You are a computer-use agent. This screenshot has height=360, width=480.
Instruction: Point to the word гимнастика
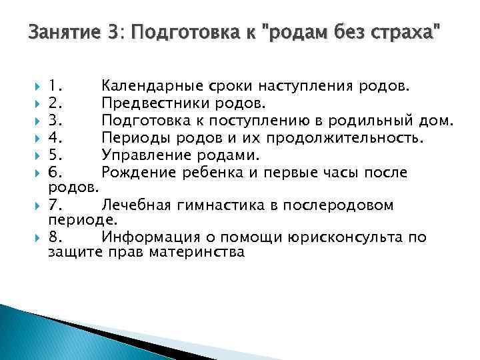click(225, 205)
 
